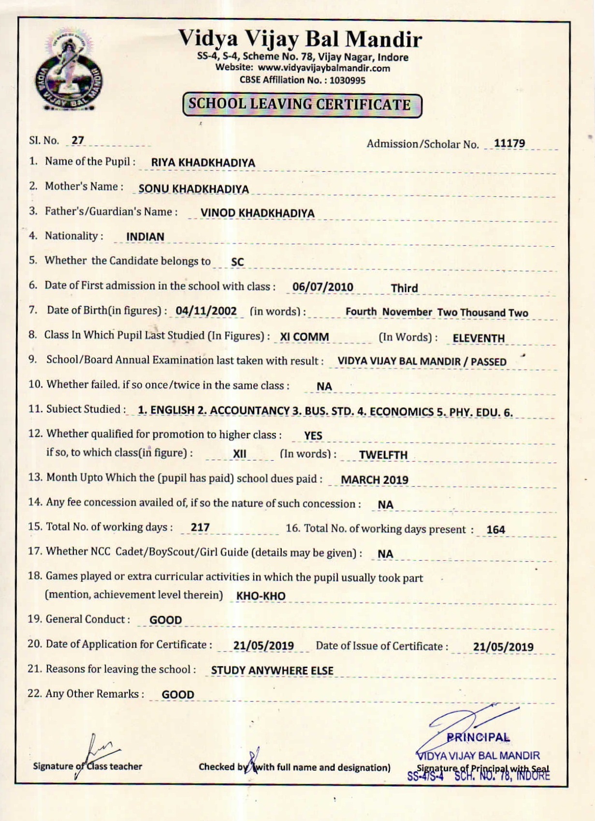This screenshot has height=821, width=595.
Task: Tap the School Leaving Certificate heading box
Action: point(302,105)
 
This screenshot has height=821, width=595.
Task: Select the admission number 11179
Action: point(509,143)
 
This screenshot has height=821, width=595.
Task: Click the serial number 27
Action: point(78,140)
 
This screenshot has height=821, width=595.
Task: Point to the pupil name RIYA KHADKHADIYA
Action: point(203,163)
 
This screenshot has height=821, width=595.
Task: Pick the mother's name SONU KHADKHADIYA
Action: point(193,189)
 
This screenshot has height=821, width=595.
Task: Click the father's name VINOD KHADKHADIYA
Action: point(257,213)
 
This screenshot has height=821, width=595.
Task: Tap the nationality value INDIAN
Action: point(145,237)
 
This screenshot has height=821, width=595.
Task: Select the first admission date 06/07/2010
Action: point(322,287)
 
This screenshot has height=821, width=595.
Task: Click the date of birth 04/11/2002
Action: point(206,311)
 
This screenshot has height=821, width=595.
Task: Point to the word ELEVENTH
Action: point(479,338)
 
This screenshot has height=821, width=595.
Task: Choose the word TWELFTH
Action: point(383,455)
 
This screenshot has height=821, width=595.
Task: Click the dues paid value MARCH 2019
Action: point(375,480)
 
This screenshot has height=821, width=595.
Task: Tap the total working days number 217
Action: point(200,527)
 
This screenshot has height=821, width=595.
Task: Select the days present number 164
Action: point(495,530)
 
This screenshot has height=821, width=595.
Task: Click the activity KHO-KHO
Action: point(261,596)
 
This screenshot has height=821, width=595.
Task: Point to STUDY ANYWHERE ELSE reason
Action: point(272,671)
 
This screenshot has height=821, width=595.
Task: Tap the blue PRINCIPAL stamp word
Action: point(478,738)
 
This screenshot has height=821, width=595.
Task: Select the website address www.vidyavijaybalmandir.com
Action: point(323,68)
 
